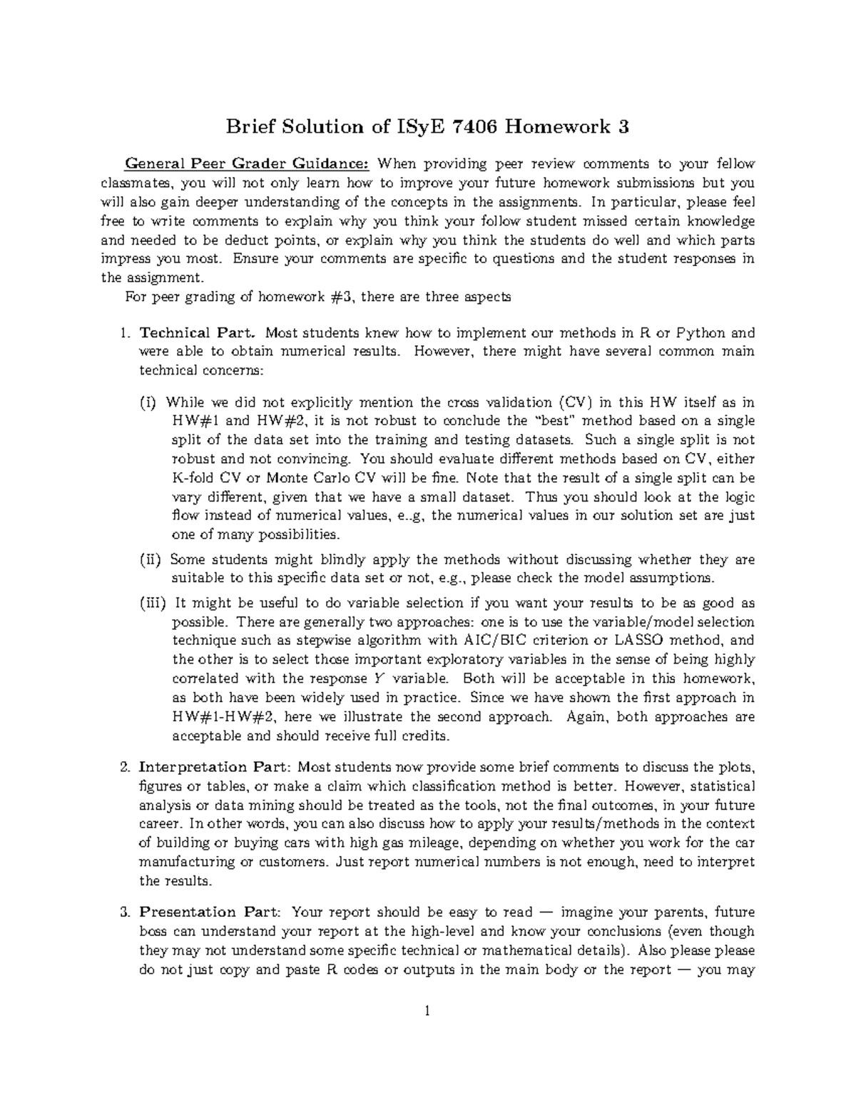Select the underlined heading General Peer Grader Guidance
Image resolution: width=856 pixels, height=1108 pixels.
pos(247,163)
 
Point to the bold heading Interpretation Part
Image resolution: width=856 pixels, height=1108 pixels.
pos(215,768)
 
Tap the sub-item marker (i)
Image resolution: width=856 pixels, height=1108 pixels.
pos(147,402)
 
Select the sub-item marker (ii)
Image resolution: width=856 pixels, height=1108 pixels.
pos(150,559)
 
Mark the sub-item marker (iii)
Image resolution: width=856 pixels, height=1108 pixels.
pos(152,603)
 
